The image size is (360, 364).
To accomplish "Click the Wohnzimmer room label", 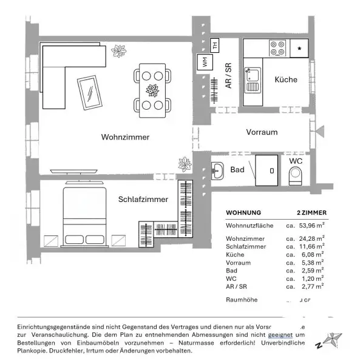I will coord(124,137).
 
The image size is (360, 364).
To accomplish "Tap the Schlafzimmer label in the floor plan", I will coord(143,198).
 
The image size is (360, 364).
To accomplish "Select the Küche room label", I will coord(285,79).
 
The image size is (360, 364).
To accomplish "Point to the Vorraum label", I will coord(261,132).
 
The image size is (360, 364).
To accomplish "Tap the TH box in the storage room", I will coord(214,45).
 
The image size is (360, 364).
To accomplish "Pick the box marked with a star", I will coord(299,47).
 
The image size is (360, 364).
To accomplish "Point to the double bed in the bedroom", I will coord(86,217).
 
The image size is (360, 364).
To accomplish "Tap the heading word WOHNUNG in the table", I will coord(243,212).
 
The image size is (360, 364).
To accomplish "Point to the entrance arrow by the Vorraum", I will coord(321,131).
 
